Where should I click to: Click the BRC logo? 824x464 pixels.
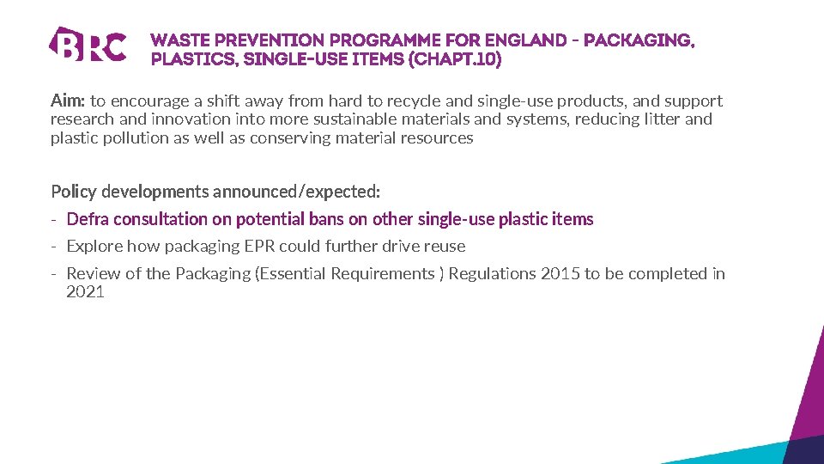[x=88, y=45]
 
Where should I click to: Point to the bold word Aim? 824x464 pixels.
[x=68, y=101]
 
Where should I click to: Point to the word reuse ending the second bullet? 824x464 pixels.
[x=445, y=247]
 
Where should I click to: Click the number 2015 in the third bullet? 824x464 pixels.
[x=560, y=274]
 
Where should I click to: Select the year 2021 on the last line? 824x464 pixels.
[x=85, y=292]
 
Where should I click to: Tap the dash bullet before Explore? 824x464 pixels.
[x=53, y=247]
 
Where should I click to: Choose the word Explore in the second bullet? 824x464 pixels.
[x=94, y=247]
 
